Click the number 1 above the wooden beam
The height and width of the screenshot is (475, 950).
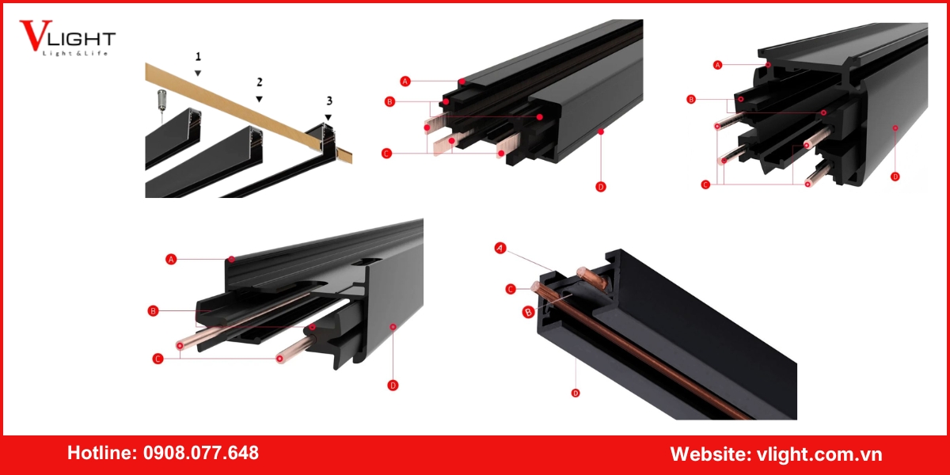(x=198, y=56)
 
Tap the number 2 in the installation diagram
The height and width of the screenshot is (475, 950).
(x=260, y=82)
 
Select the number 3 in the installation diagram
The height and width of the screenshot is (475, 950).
(x=329, y=101)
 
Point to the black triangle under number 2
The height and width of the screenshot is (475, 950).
(x=259, y=99)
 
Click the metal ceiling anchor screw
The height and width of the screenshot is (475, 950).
(x=161, y=99)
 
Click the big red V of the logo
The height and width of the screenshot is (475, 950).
(x=36, y=35)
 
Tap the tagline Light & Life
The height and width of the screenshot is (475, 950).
(x=75, y=54)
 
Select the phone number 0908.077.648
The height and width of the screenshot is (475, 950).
(x=200, y=453)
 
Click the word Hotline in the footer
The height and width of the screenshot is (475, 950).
(x=102, y=453)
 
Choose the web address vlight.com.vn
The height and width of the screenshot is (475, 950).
(x=819, y=454)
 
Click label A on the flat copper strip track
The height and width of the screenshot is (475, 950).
(x=405, y=81)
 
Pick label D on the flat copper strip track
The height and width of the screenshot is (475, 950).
(x=601, y=187)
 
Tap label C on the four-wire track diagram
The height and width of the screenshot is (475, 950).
(x=705, y=184)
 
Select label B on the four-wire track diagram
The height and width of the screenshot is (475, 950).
(x=691, y=99)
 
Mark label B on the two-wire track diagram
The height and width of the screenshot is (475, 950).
(x=153, y=311)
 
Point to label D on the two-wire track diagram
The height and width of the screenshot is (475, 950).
(x=393, y=385)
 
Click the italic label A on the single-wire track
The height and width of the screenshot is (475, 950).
(x=500, y=248)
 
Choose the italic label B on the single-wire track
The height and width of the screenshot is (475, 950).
(x=528, y=313)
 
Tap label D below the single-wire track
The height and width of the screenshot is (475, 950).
(x=576, y=393)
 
